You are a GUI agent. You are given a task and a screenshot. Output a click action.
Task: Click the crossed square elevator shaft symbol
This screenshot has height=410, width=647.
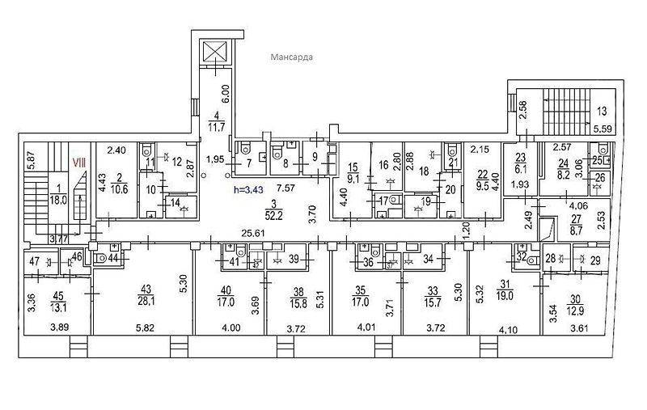[214, 53]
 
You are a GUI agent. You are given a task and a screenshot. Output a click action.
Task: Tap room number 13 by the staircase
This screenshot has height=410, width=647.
[601, 111]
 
